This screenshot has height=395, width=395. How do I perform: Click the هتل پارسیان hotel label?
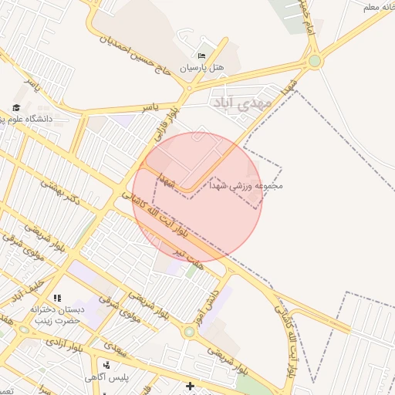click(202, 68)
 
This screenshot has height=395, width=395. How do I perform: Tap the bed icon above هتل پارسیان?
click(202, 56)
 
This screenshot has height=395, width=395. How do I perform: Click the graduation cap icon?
click(16, 107)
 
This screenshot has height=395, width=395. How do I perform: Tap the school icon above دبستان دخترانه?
click(56, 298)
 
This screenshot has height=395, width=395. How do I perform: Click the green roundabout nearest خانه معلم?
click(314, 60)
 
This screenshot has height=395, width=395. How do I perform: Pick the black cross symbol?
click(190, 385)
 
